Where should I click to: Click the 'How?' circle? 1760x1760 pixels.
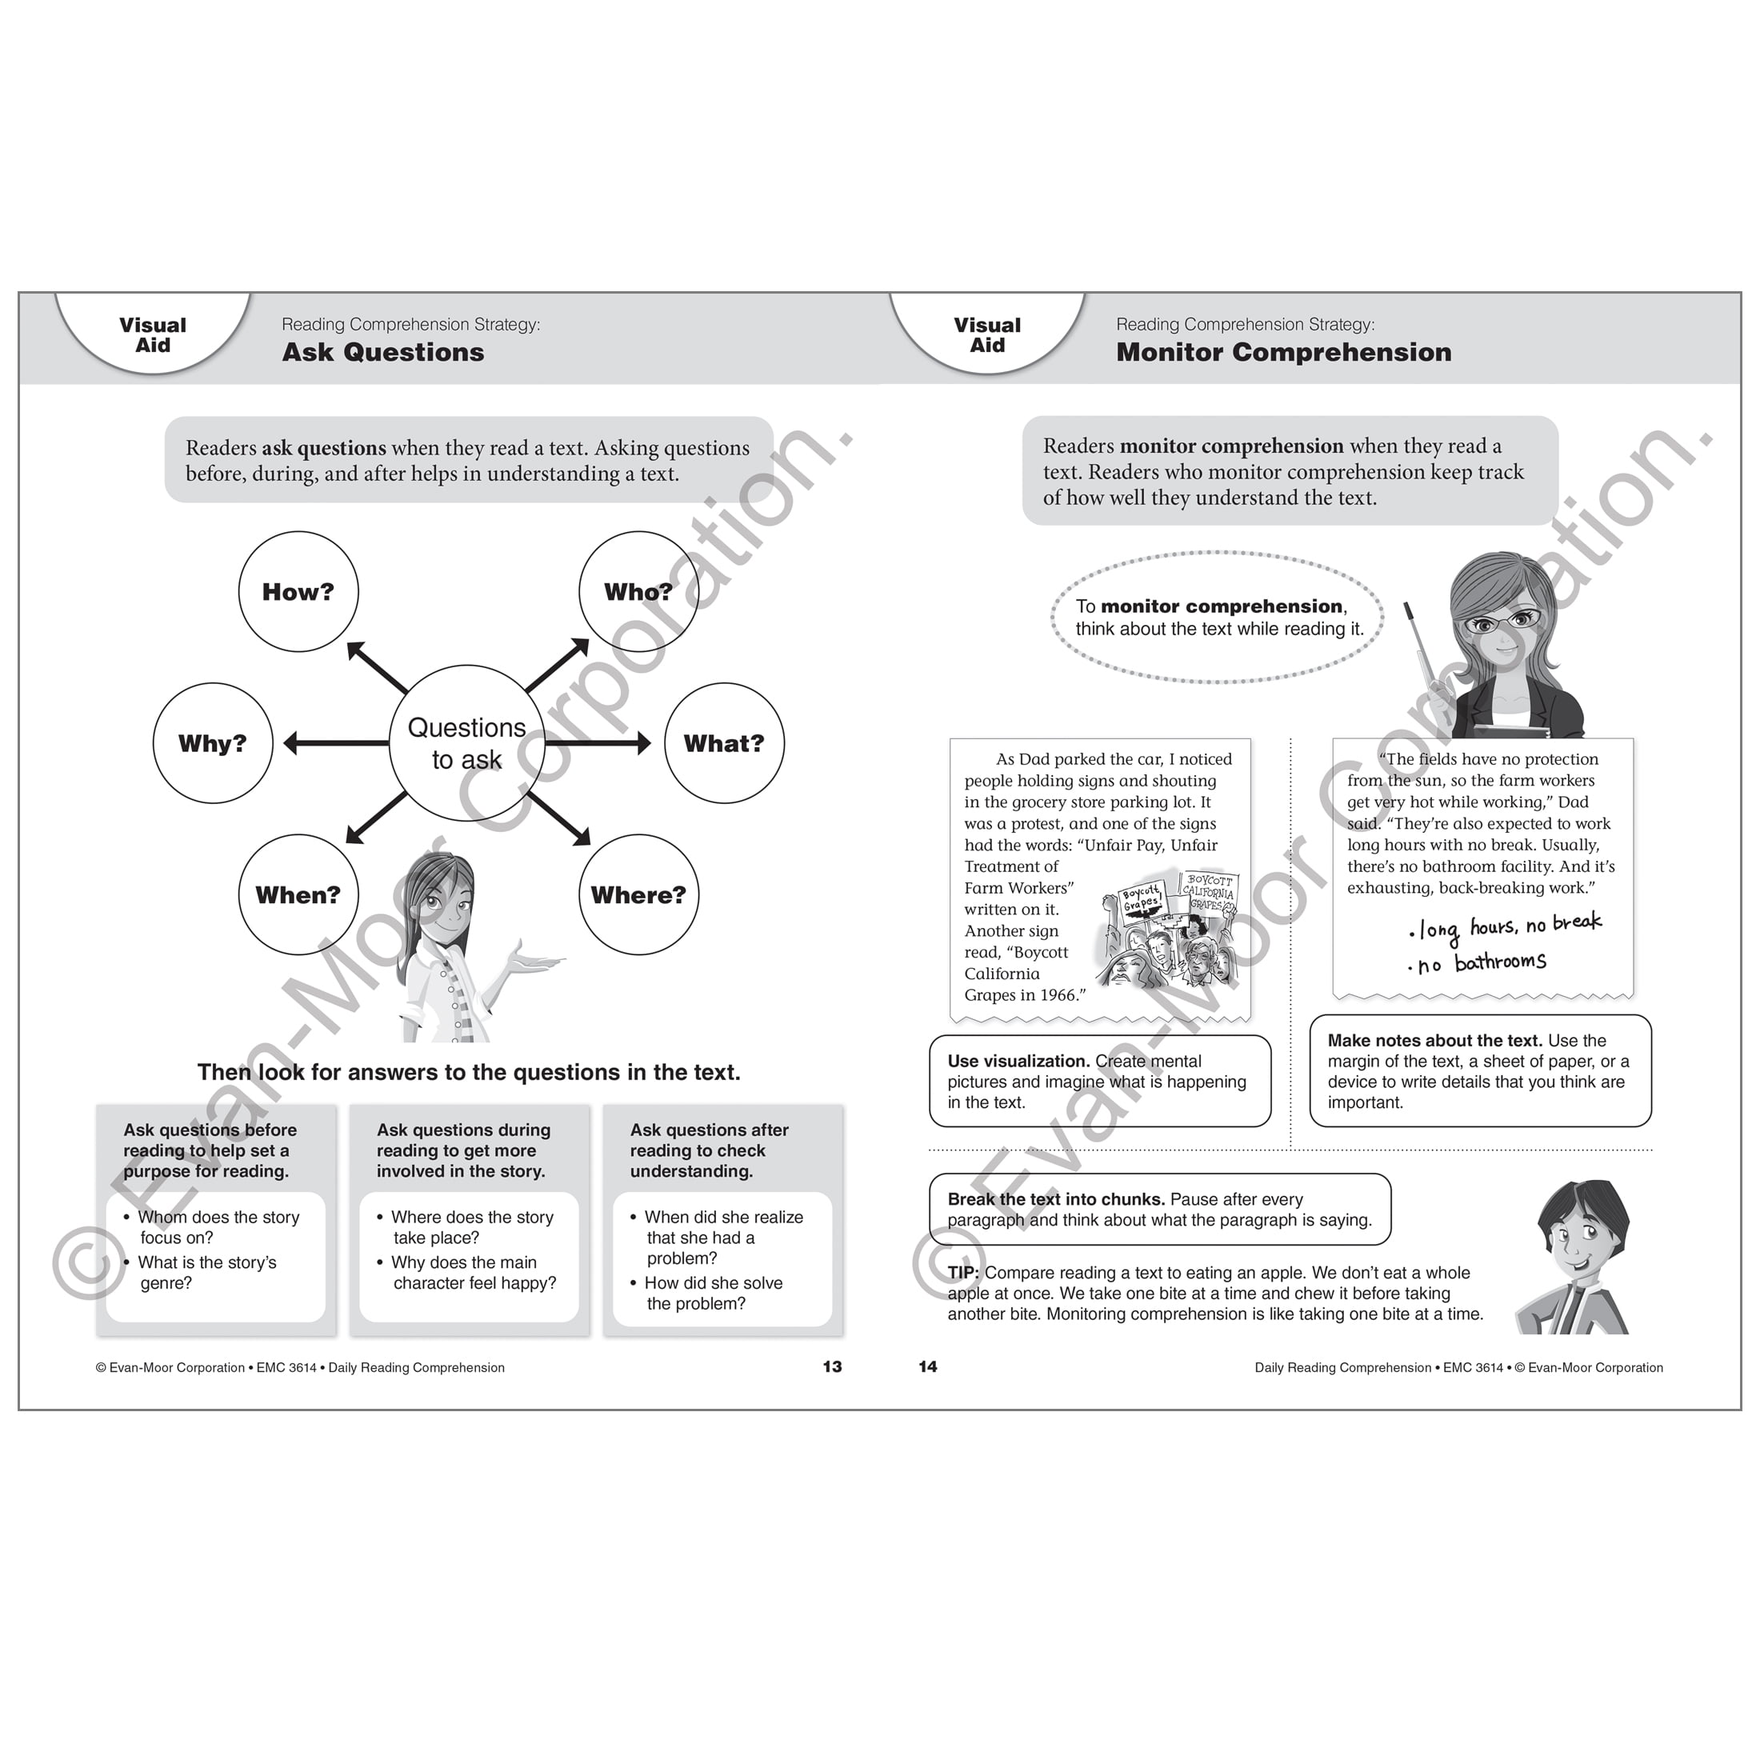[x=298, y=592]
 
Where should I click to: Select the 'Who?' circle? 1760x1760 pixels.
[x=638, y=592]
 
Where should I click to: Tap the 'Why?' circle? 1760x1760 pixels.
[x=212, y=743]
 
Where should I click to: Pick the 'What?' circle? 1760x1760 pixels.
[x=724, y=743]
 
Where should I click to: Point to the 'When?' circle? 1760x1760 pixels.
[x=298, y=894]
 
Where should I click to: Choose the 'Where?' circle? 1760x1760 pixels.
[x=638, y=894]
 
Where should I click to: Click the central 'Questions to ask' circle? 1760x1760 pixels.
[x=466, y=743]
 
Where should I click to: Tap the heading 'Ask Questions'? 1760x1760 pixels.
[x=382, y=353]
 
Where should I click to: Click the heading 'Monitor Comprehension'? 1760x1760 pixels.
[x=1283, y=353]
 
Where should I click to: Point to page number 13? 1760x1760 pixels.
[x=832, y=1366]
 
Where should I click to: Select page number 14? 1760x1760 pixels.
[x=927, y=1366]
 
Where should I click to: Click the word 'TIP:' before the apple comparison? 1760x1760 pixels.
[x=963, y=1273]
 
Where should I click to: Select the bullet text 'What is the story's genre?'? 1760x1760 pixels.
[x=206, y=1273]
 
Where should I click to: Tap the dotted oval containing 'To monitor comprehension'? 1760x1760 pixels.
[x=1217, y=618]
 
